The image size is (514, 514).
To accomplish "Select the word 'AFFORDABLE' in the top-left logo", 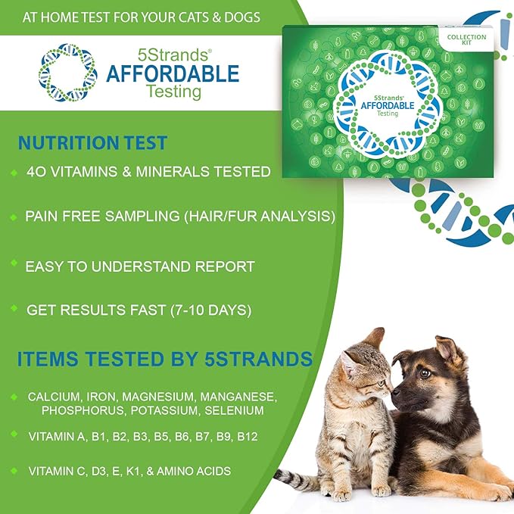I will pyautogui.click(x=173, y=73).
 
